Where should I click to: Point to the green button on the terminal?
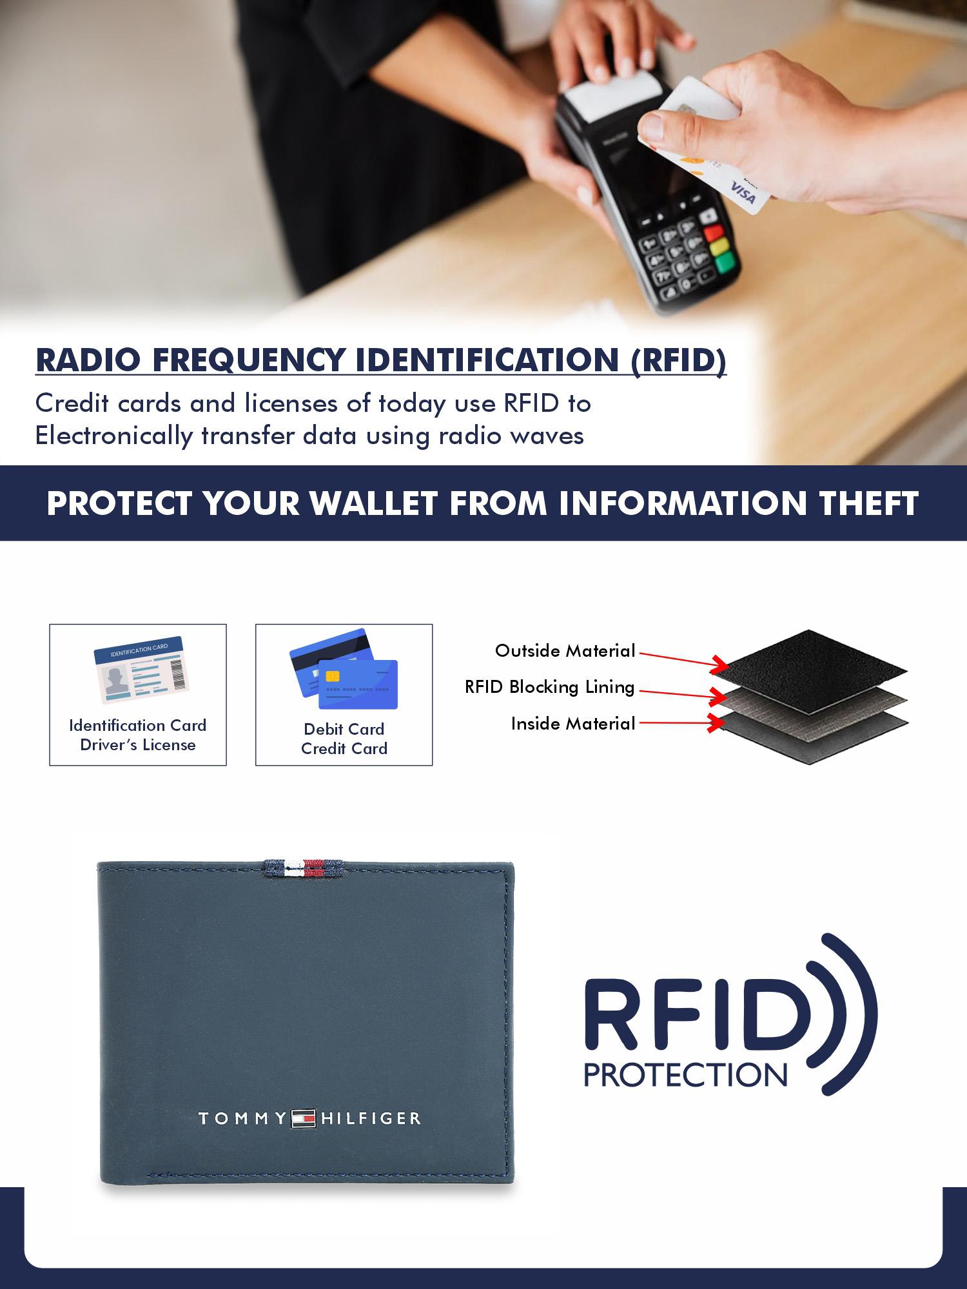725,261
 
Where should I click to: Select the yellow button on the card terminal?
719,246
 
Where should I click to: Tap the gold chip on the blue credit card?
333,675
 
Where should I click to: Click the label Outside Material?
565,651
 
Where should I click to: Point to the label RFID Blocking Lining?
550,687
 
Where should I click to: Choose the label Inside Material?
573,724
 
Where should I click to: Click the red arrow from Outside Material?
680,659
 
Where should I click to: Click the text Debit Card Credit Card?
344,739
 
